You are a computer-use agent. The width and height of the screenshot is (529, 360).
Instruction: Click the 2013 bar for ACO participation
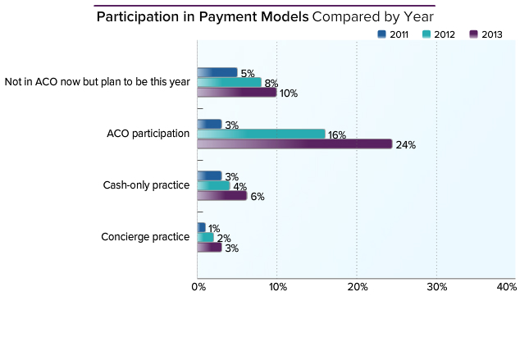(x=295, y=144)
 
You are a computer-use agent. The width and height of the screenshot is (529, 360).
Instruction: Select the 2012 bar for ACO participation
(x=261, y=134)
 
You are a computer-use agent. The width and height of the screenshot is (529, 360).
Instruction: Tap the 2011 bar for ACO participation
(x=210, y=124)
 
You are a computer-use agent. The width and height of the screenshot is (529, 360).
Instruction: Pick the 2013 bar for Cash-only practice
(x=222, y=196)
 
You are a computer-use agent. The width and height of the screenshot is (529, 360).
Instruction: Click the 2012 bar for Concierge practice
(x=206, y=237)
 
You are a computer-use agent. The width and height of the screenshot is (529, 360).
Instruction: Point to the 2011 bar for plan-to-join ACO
(x=217, y=72)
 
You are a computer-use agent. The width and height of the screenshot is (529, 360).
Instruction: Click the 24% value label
(x=406, y=145)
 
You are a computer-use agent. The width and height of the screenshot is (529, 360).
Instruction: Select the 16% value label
(x=336, y=134)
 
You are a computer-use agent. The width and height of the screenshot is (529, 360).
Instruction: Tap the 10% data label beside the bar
(x=288, y=93)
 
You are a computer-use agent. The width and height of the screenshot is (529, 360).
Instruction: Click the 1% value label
(x=214, y=228)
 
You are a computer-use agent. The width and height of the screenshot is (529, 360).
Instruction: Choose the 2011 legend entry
(x=393, y=34)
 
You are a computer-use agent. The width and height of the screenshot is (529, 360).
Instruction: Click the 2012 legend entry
(x=439, y=34)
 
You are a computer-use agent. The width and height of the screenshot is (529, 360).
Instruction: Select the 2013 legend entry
(x=486, y=34)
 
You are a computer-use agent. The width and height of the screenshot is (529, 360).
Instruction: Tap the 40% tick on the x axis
(x=507, y=287)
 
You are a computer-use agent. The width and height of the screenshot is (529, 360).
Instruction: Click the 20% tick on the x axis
(x=357, y=287)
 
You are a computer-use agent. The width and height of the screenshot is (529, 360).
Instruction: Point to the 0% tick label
(x=198, y=287)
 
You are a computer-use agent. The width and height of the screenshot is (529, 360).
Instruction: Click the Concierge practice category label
(x=145, y=237)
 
